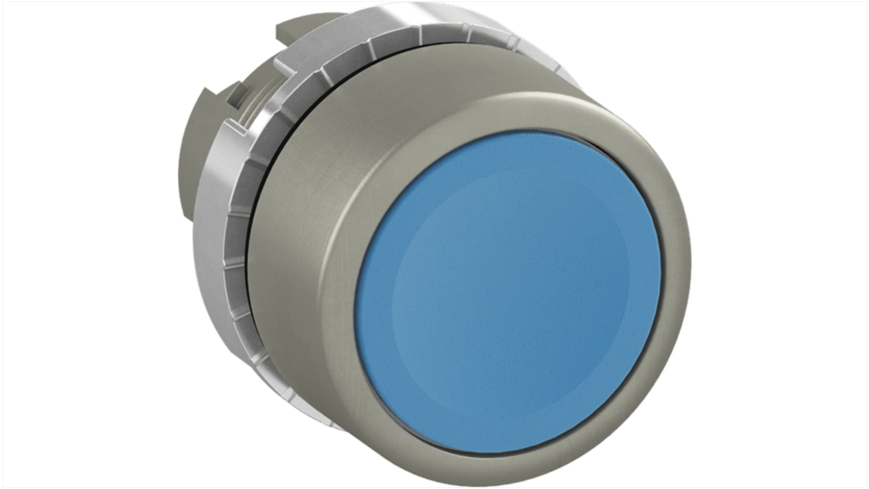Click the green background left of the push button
(x=92, y=245)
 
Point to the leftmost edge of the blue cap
(x=355, y=294)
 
